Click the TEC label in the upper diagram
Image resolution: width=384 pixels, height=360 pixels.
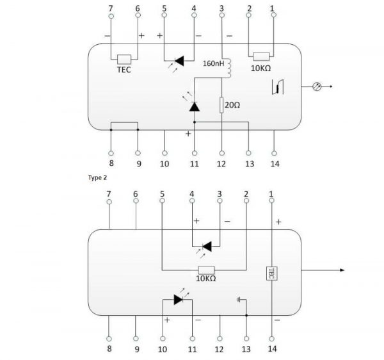click(124, 70)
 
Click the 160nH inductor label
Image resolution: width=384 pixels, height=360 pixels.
click(213, 63)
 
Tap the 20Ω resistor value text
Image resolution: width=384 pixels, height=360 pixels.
click(232, 105)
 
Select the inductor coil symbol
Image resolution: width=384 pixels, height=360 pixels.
click(229, 68)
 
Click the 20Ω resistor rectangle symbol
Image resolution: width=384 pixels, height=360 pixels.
click(221, 105)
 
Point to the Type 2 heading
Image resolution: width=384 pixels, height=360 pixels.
click(97, 177)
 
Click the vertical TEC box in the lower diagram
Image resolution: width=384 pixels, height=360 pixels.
click(271, 274)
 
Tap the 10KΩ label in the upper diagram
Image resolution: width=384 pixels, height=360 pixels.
click(261, 68)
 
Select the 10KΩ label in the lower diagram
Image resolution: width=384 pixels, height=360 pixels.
click(205, 279)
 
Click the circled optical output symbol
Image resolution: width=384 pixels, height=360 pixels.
click(317, 86)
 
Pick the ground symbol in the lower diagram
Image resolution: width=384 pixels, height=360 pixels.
click(239, 300)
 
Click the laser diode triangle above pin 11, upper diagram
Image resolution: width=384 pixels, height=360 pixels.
click(195, 106)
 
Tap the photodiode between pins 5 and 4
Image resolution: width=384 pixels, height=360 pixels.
click(179, 61)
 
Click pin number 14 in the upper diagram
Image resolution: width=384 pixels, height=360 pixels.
click(275, 164)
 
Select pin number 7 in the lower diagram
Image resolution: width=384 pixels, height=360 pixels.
click(109, 194)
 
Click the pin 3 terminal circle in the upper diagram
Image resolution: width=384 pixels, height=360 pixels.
click(222, 15)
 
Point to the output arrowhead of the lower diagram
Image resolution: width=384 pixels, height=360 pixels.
click(342, 270)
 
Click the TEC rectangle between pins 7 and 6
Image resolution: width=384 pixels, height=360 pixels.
click(124, 60)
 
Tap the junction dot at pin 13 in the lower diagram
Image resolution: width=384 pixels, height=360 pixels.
click(246, 315)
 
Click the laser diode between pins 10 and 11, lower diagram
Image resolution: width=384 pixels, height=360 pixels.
click(179, 300)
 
